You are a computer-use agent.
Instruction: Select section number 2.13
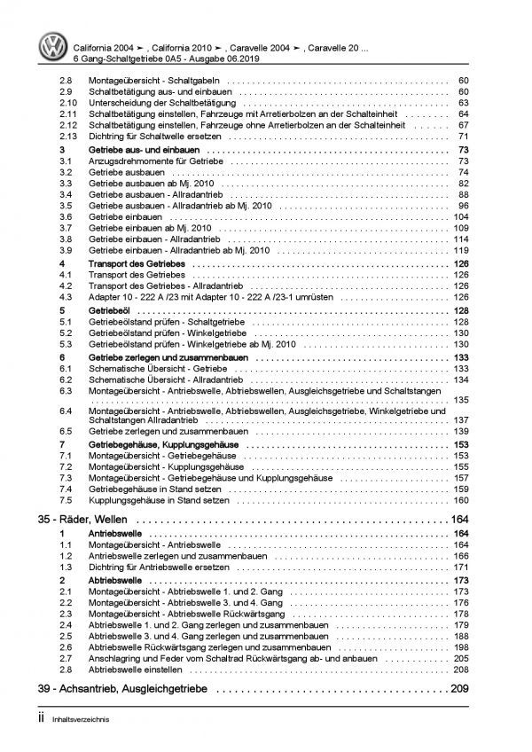click(69, 137)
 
